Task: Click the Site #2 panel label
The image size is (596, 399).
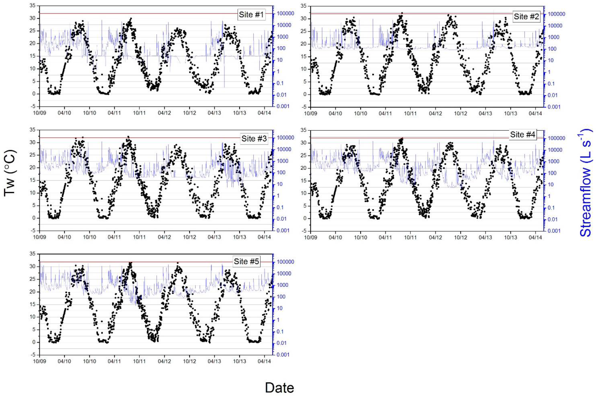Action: click(526, 17)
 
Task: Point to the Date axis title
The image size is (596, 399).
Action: click(279, 388)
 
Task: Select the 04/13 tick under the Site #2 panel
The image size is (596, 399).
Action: click(485, 113)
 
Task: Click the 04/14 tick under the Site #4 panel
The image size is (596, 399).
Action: click(535, 237)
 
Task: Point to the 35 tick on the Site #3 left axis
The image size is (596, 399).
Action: click(33, 130)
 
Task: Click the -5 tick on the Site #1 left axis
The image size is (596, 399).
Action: click(33, 106)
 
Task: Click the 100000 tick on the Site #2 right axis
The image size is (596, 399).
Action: click(556, 14)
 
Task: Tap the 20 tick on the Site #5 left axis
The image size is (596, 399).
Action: click(33, 292)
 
